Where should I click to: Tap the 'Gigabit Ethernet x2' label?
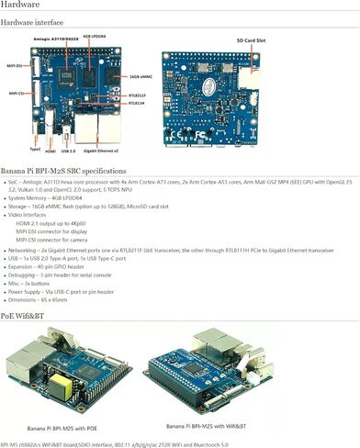point(121,151)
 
